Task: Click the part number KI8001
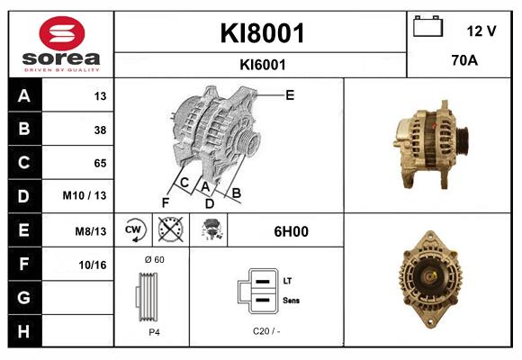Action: click(x=263, y=34)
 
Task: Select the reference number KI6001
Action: click(x=263, y=65)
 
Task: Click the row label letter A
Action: click(x=24, y=96)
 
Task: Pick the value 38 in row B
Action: click(x=100, y=130)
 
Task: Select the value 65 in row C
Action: click(x=100, y=163)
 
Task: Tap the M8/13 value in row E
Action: click(x=91, y=231)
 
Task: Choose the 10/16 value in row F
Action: click(x=93, y=265)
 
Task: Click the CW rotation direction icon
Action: click(x=134, y=230)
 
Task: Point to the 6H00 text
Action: click(x=291, y=231)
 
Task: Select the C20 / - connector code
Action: click(x=267, y=331)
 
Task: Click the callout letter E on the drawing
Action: click(x=290, y=94)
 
